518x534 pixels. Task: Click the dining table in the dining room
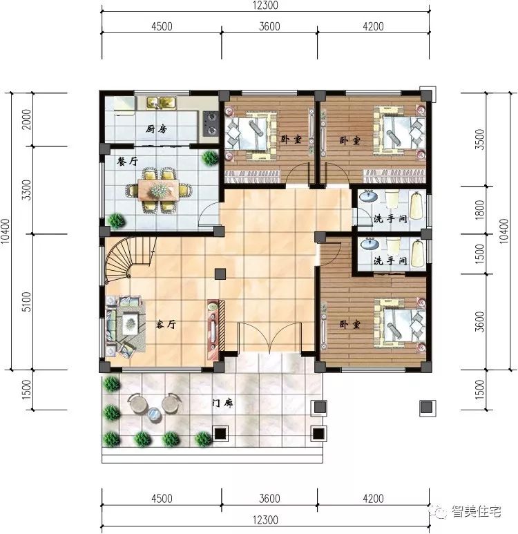click(x=159, y=189)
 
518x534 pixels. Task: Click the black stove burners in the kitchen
click(x=210, y=124)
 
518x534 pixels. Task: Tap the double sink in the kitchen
click(x=160, y=104)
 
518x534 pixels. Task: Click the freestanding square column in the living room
click(x=220, y=273)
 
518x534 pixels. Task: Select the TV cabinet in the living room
click(x=213, y=325)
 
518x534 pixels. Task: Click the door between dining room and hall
click(x=207, y=220)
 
